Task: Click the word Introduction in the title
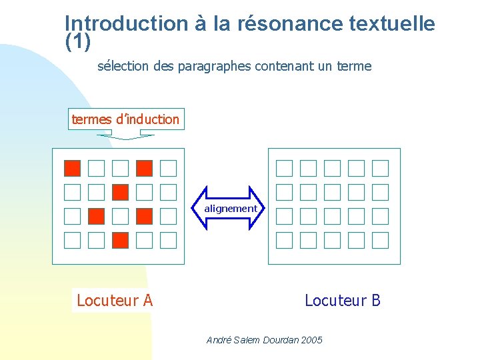127,25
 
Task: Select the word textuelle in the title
392,25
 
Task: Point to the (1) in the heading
77,41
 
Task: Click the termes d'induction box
126,119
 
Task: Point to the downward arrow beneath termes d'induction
126,136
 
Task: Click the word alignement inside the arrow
230,209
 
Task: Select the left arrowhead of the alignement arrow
200,209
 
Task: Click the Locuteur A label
115,301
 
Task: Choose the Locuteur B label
343,301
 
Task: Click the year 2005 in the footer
311,340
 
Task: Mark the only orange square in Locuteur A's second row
121,192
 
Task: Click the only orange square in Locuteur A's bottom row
121,240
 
